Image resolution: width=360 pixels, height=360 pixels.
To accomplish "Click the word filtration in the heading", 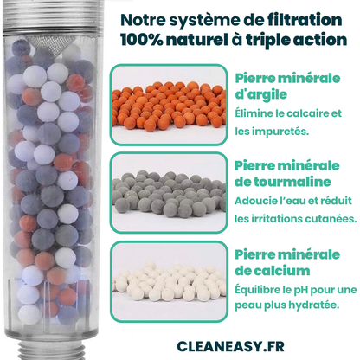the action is tap(305, 20).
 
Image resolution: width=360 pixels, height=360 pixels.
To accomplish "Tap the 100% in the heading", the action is tap(142, 40).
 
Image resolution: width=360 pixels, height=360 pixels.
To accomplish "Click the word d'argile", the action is tap(260, 94).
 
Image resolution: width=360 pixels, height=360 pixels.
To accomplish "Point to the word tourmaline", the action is tap(292, 182).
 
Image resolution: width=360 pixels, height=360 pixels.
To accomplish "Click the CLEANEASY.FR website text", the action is tap(230, 346).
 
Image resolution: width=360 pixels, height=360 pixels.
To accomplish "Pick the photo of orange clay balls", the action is tap(169, 105).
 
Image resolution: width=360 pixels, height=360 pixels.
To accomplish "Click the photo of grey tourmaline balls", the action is tap(169, 192).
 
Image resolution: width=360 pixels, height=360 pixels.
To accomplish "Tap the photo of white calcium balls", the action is tap(169, 281).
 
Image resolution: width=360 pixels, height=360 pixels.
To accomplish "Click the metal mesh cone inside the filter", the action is tap(54, 45).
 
